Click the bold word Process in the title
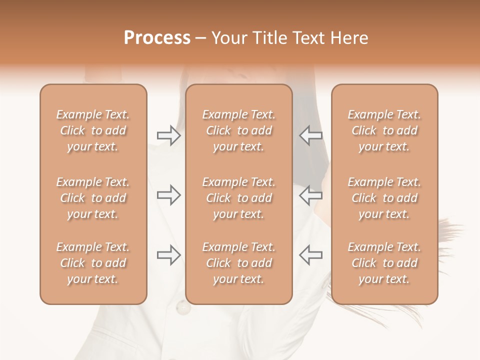(157, 38)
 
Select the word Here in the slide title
(349, 38)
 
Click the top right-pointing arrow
(169, 135)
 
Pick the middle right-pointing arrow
(169, 195)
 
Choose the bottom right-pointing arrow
(169, 255)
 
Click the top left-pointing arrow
(310, 135)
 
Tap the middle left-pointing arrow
(310, 195)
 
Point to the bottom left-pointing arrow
(310, 255)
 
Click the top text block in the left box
(93, 130)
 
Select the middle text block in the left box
(93, 198)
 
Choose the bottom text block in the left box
(93, 263)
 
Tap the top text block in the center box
(238, 130)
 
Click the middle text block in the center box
(238, 198)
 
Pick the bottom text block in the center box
(238, 263)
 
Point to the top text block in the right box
(384, 130)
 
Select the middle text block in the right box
(384, 198)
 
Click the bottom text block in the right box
(384, 263)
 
